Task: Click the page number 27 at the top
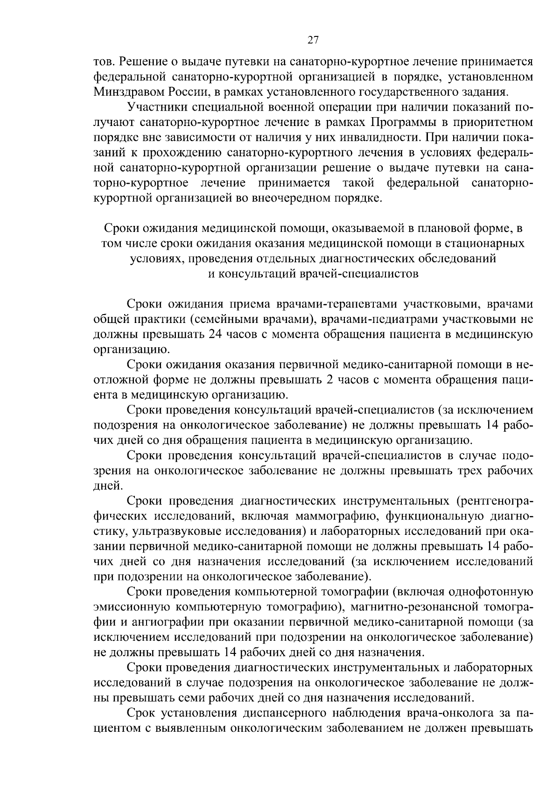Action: [313, 40]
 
